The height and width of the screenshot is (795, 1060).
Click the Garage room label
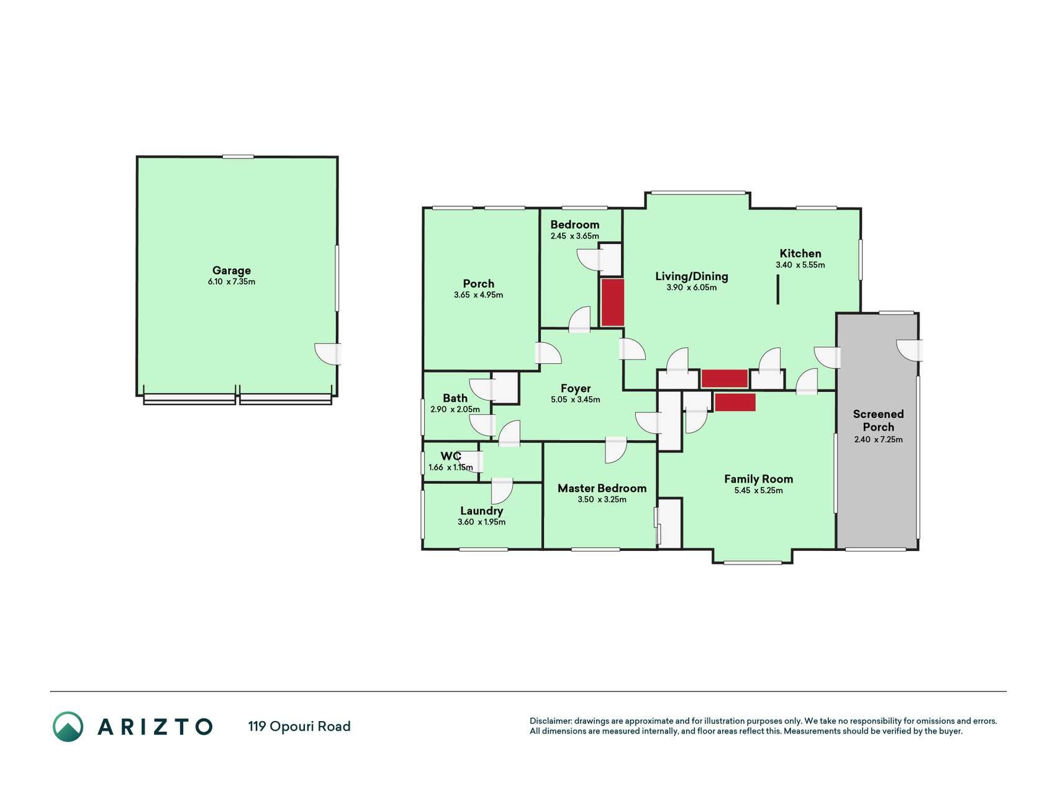pos(232,271)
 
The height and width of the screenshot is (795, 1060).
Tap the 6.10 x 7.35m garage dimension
pos(232,282)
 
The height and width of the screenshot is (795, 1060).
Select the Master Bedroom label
pos(602,488)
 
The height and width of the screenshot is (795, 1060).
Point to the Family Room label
pos(758,479)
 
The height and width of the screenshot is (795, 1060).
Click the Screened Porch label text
pos(878,420)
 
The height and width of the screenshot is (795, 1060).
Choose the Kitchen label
pos(800,253)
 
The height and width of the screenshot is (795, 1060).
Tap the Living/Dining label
pos(692,276)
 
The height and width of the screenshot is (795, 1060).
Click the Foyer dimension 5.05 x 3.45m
pos(576,400)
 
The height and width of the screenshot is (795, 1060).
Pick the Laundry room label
pos(481,511)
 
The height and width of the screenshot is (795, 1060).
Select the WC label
pos(451,457)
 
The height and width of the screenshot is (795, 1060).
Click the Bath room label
pos(455,398)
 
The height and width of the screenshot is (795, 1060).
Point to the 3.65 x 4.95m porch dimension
pos(478,295)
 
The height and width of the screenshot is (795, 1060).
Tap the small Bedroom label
pos(575,225)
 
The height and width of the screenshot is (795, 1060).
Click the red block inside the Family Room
pos(735,402)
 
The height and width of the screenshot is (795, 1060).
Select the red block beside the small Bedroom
pos(612,302)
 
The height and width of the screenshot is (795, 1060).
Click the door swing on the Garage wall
pos(327,354)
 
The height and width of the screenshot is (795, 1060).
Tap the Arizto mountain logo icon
pos(68,727)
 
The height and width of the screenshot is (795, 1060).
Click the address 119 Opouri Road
pos(299,726)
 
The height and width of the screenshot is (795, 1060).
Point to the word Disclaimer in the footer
pos(550,721)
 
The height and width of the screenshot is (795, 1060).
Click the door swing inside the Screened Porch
pos(910,350)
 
